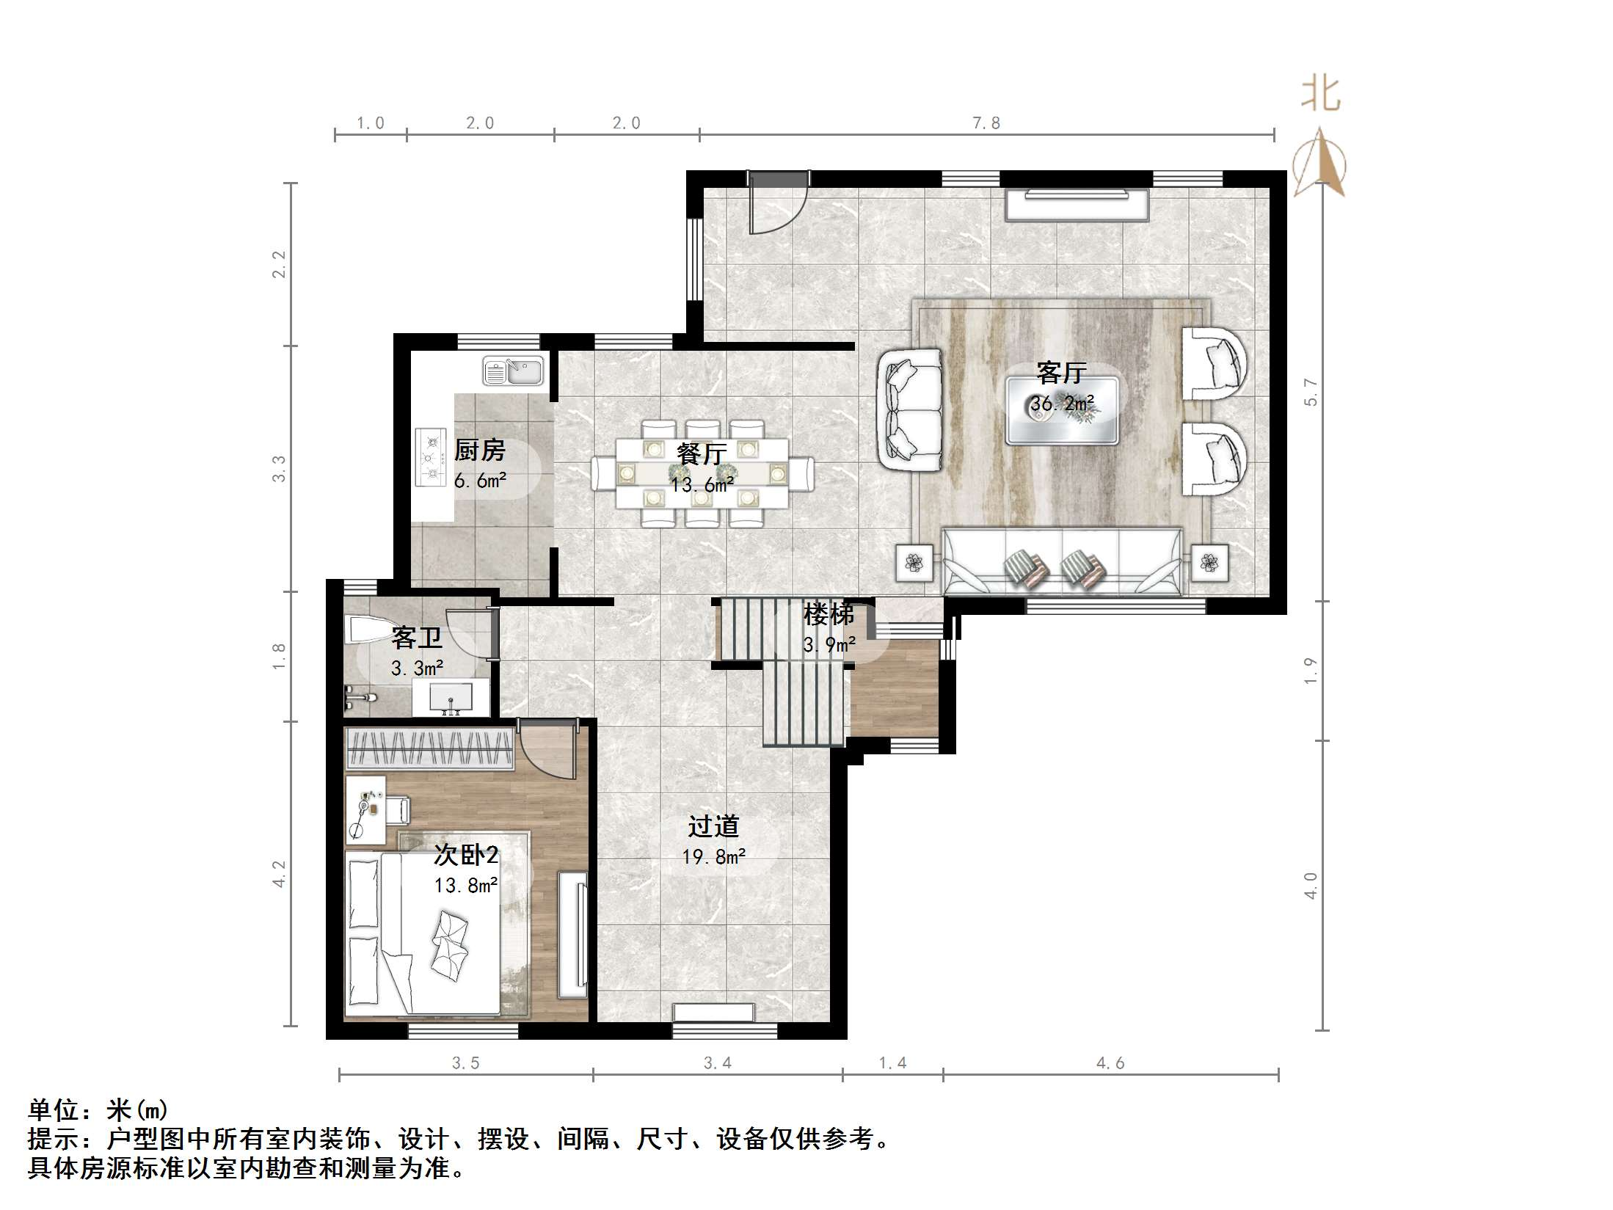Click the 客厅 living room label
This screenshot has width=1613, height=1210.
tap(1061, 373)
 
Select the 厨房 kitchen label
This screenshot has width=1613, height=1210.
tap(480, 450)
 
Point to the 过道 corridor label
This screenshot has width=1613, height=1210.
tap(713, 826)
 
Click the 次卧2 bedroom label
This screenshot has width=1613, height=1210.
tap(467, 854)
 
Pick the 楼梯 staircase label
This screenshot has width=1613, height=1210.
tap(829, 614)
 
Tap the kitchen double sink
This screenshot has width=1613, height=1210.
tap(513, 371)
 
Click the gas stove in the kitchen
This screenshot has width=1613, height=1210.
tap(431, 457)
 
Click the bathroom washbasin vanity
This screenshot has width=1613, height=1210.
tap(450, 697)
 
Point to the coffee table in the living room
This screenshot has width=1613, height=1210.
tap(1062, 410)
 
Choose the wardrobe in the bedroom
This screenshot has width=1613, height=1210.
tap(429, 750)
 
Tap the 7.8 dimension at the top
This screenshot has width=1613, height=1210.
tap(986, 123)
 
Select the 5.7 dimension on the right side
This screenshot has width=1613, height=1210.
tap(1311, 393)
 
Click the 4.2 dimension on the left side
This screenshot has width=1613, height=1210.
tap(279, 873)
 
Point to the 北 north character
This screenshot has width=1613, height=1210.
tap(1321, 95)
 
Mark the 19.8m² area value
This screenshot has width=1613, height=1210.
tap(714, 856)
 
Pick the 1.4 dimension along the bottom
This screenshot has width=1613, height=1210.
tap(892, 1063)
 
